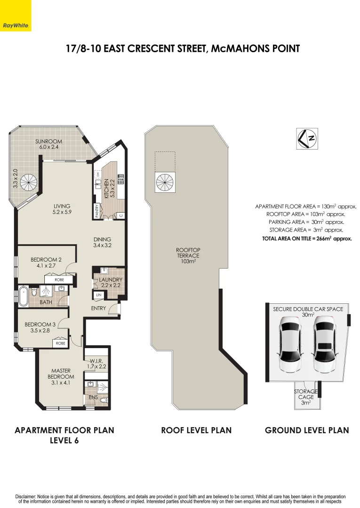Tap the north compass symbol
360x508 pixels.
pos(307,138)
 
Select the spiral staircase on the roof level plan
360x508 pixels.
pos(165,181)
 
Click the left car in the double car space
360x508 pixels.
pos(291,343)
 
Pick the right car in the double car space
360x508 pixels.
pos(324,343)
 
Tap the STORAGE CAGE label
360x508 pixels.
pos(306,397)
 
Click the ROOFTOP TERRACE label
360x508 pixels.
pos(187,255)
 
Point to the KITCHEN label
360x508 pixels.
pos(107,188)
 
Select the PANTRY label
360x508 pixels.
pos(97,211)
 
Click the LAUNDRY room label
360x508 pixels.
pos(111,280)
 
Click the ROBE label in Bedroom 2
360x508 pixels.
pos(59,280)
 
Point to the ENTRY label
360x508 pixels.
pos(98,309)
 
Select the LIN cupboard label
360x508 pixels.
pos(98,294)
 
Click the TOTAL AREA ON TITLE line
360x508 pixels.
pos(307,238)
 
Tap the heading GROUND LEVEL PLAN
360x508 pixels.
pos(307,430)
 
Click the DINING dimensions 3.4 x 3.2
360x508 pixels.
pos(103,245)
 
